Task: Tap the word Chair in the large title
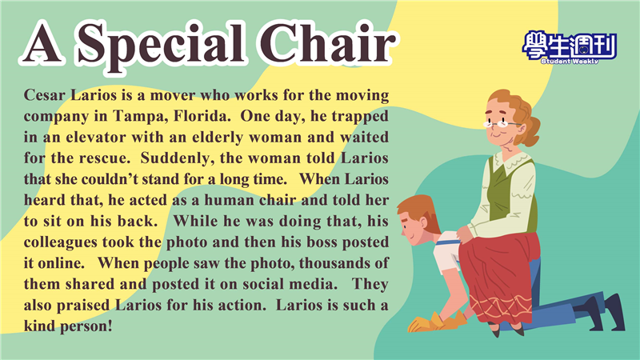click(x=326, y=42)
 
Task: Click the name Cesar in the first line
click(x=45, y=95)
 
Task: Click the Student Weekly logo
click(x=569, y=48)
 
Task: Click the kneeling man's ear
click(x=422, y=222)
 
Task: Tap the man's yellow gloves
click(x=437, y=322)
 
